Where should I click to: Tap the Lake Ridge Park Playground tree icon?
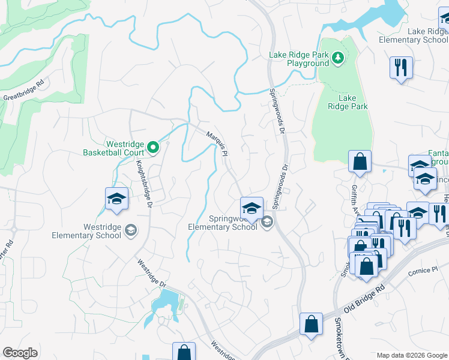click(339, 58)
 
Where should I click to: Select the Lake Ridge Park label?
click(348, 102)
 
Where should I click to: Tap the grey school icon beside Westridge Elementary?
click(130, 230)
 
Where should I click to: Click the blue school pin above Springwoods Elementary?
click(252, 208)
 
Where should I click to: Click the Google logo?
click(20, 353)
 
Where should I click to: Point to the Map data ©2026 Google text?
click(412, 355)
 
